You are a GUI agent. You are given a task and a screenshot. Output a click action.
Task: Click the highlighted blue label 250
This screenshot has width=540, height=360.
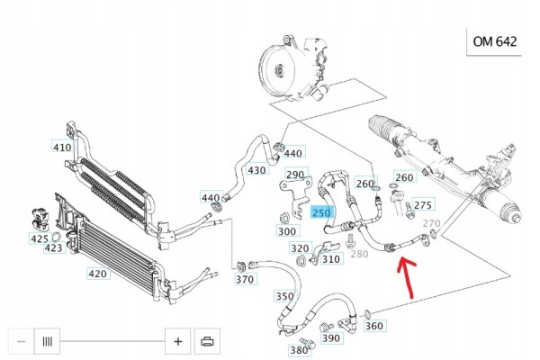pyautogui.click(x=321, y=212)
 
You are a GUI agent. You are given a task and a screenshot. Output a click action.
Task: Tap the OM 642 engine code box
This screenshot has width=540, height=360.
pyautogui.click(x=494, y=41)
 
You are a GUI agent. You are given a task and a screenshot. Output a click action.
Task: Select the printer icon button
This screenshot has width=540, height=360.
pyautogui.click(x=207, y=341)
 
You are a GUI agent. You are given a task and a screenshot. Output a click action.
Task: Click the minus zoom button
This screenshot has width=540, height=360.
pyautogui.click(x=21, y=341)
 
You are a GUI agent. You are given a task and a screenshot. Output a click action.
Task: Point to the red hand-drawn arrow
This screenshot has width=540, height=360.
pyautogui.click(x=407, y=277)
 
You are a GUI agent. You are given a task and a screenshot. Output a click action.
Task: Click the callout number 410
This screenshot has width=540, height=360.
pyautogui.click(x=62, y=148)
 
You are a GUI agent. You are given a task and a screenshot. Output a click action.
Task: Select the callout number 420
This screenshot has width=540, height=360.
pyautogui.click(x=98, y=274)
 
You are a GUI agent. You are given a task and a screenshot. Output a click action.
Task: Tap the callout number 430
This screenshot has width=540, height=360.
pyautogui.click(x=256, y=170)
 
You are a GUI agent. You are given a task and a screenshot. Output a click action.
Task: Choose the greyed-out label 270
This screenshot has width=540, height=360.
pyautogui.click(x=431, y=223)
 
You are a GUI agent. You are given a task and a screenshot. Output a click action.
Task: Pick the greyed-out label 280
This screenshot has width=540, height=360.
pyautogui.click(x=359, y=254)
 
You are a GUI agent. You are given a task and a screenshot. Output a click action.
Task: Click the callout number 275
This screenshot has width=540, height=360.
pyautogui.click(x=423, y=205)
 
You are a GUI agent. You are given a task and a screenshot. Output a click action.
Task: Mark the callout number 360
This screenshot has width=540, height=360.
pyautogui.click(x=374, y=326)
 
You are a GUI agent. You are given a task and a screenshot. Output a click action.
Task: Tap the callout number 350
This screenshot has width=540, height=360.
pyautogui.click(x=284, y=296)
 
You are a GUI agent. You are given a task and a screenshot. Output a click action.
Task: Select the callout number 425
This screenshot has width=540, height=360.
pyautogui.click(x=40, y=238)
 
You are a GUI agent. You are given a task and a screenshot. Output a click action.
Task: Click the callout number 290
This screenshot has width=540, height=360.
pyautogui.click(x=295, y=175)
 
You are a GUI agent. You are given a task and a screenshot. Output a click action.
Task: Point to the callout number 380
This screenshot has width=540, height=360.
pyautogui.click(x=299, y=350)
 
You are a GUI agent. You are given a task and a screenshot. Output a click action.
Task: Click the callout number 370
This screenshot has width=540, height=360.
pyautogui.click(x=245, y=279)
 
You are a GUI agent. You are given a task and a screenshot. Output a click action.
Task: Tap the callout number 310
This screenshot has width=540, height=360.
pyautogui.click(x=331, y=259)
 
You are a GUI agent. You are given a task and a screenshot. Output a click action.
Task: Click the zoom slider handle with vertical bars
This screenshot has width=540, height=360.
pyautogui.click(x=47, y=341)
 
